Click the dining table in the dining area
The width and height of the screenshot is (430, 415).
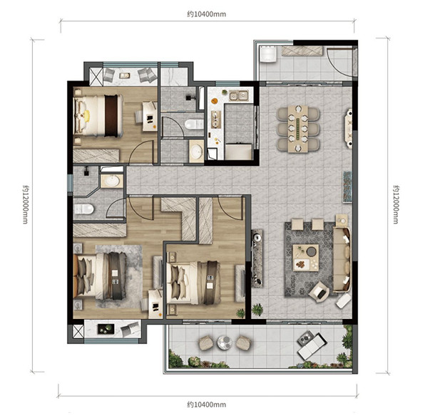tap(298, 129)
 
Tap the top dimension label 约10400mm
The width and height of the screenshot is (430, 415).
tap(207, 14)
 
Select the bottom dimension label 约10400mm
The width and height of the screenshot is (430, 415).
tap(207, 404)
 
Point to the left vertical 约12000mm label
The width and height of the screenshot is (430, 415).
tap(26, 204)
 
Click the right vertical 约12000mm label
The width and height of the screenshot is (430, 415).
tap(396, 204)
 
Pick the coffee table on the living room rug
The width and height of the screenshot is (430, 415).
tap(305, 258)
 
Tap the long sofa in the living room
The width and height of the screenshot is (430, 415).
tap(342, 259)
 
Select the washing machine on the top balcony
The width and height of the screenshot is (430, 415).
tap(267, 54)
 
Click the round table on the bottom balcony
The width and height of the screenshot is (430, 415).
tap(225, 342)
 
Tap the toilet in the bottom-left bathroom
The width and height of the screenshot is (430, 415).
tap(84, 209)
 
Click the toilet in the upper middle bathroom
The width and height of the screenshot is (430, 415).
tap(194, 125)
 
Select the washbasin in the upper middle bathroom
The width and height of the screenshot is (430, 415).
tap(196, 151)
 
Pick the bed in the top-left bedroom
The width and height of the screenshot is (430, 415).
tap(98, 115)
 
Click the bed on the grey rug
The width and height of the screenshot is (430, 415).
tap(101, 276)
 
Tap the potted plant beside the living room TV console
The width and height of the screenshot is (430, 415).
tap(257, 310)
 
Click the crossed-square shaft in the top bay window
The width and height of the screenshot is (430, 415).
tap(96, 75)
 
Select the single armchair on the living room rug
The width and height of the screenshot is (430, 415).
tap(319, 293)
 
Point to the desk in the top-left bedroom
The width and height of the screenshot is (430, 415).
tap(150, 116)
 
